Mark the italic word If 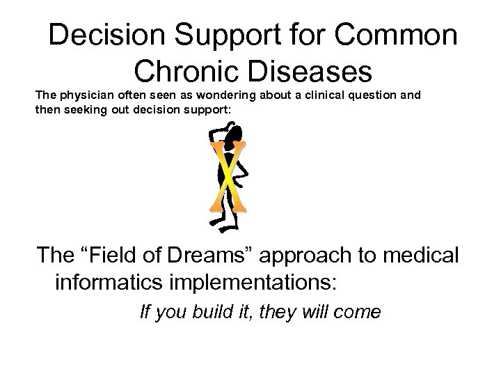coord(145,312)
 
